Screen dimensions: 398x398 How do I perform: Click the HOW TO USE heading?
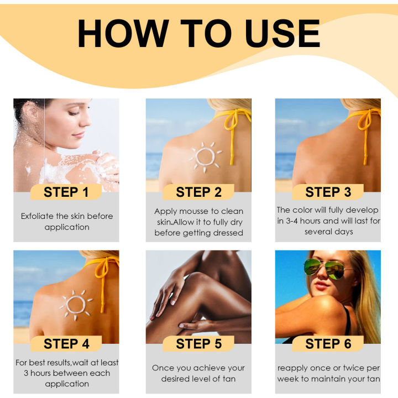(198, 34)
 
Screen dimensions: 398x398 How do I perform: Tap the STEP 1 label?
(66, 192)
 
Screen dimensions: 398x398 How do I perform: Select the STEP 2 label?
(198, 192)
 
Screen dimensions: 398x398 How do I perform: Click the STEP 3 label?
(328, 192)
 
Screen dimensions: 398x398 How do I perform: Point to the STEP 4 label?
(66, 344)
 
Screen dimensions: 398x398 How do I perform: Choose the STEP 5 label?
(198, 344)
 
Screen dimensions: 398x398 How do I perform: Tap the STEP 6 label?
(328, 344)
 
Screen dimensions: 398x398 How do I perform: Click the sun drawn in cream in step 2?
(205, 156)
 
